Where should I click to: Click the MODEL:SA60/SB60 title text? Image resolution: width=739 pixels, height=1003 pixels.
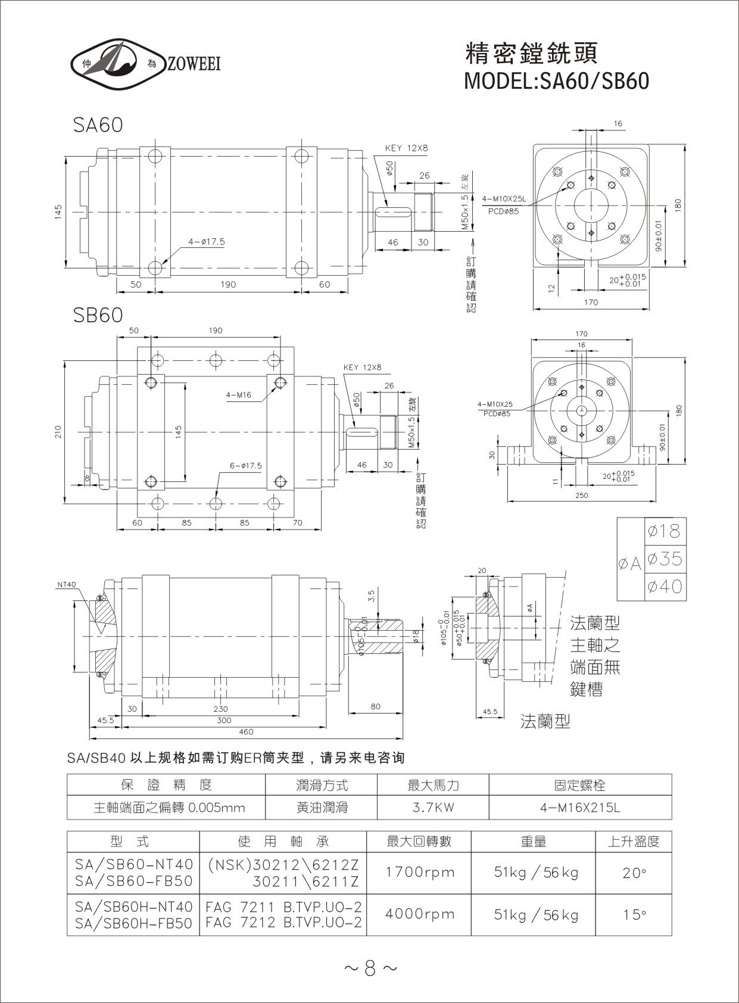pyautogui.click(x=556, y=80)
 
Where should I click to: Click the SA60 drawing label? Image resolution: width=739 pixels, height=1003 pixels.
pyautogui.click(x=98, y=124)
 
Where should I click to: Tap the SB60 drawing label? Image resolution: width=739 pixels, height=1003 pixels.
pyautogui.click(x=98, y=315)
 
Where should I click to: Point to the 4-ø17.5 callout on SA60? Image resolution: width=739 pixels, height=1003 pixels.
pyautogui.click(x=206, y=242)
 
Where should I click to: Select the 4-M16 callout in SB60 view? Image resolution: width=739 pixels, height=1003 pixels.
pyautogui.click(x=238, y=394)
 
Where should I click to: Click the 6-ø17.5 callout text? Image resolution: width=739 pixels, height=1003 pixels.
pyautogui.click(x=245, y=466)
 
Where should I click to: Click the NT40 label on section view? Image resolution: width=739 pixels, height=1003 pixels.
pyautogui.click(x=67, y=584)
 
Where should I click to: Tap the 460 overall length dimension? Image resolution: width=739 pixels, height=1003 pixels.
pyautogui.click(x=246, y=731)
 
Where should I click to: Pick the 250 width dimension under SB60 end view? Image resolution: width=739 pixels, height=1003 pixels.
pyautogui.click(x=582, y=496)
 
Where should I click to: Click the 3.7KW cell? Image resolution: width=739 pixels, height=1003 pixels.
pyautogui.click(x=433, y=808)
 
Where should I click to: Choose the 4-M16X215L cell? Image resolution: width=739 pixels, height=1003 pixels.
pyautogui.click(x=579, y=808)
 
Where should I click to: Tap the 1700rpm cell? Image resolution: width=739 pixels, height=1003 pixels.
pyautogui.click(x=419, y=873)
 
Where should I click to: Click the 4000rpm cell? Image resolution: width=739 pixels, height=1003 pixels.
pyautogui.click(x=419, y=914)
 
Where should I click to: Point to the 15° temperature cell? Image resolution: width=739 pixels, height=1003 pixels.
pyautogui.click(x=634, y=914)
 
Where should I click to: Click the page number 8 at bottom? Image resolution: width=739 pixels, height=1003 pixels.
pyautogui.click(x=370, y=969)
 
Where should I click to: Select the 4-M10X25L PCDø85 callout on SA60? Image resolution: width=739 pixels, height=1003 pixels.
pyautogui.click(x=503, y=205)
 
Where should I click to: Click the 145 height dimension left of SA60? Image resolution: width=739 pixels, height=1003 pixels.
pyautogui.click(x=58, y=212)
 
